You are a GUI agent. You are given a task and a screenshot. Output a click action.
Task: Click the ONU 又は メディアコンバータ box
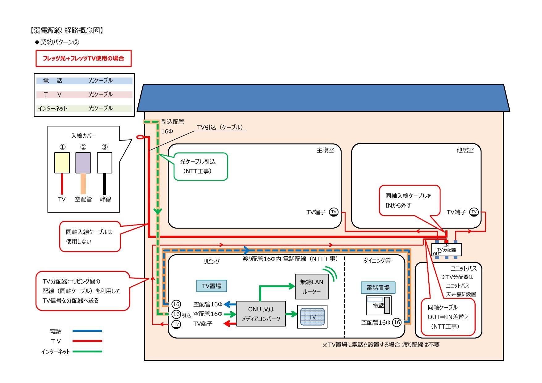coord(261,314)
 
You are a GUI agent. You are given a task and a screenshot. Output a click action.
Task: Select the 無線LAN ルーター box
coord(312,287)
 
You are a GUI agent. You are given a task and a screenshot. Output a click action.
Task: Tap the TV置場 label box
coord(212,286)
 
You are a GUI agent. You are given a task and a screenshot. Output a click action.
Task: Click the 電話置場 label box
coord(378,288)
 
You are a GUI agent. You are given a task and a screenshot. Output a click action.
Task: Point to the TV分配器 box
coord(447,250)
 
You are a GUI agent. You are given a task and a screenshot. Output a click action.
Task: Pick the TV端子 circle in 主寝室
coord(334,212)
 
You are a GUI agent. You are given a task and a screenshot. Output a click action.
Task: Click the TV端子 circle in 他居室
coord(474,212)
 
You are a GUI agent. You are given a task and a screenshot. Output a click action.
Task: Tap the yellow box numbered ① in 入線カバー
coord(62,163)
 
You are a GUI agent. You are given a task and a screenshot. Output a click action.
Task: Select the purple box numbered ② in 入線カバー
coord(83,163)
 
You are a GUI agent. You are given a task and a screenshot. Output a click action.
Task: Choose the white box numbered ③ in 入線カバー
coord(104,163)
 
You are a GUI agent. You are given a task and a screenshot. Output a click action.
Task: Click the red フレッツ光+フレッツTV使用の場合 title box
coord(83,58)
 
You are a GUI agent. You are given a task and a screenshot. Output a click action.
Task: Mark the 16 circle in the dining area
coord(397,322)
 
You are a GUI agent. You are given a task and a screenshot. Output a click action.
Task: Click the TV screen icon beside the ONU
coord(312,317)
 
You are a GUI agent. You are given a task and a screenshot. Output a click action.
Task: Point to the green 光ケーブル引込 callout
coord(201,166)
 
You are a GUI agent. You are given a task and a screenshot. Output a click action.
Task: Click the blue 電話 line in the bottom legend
coord(87,331)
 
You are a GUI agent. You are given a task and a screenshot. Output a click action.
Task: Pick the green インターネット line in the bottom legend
coord(87,351)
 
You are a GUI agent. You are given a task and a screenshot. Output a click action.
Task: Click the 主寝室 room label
coord(325,150)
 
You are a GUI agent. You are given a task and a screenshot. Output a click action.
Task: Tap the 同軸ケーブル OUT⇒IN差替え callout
coord(448,317)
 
